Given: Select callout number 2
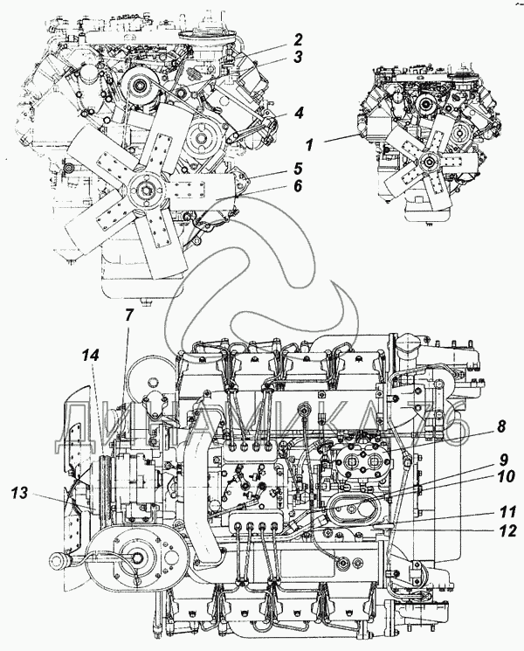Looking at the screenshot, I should (298, 39).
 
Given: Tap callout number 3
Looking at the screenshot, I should (298, 58).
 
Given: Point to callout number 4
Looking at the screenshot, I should (298, 112).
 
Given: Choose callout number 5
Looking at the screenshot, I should (298, 168).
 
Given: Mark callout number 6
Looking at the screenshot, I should (298, 187).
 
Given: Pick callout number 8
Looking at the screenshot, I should (501, 427).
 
